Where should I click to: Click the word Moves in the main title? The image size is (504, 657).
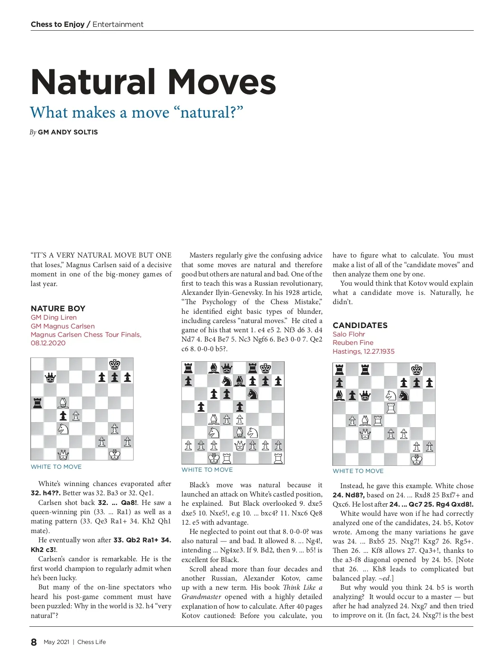(x=222, y=82)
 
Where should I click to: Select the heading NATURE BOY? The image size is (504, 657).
(x=58, y=308)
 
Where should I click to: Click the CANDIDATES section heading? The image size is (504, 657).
(x=360, y=325)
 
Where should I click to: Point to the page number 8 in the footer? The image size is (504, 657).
(x=34, y=642)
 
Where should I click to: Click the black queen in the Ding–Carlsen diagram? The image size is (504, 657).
(x=50, y=378)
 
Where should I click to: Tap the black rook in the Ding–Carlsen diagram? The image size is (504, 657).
(x=37, y=403)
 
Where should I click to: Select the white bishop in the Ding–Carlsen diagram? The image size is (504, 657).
(x=63, y=403)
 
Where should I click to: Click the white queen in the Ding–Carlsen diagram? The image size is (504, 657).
(x=63, y=454)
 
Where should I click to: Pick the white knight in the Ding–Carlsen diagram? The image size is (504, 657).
(x=63, y=429)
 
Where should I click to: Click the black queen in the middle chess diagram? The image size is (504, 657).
(x=227, y=368)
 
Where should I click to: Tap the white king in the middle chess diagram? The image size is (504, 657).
(x=214, y=457)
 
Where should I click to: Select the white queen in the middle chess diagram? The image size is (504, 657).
(x=240, y=445)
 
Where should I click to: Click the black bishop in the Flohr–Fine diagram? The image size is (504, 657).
(x=339, y=395)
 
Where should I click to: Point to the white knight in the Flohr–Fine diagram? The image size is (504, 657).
(x=391, y=395)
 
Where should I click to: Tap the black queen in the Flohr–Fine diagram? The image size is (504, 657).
(x=365, y=395)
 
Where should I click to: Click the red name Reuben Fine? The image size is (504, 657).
(x=353, y=343)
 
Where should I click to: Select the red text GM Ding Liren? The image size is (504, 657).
(x=54, y=318)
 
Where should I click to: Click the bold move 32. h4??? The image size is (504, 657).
(x=46, y=493)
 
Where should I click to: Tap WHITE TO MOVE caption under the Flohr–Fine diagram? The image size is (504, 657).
(x=358, y=471)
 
